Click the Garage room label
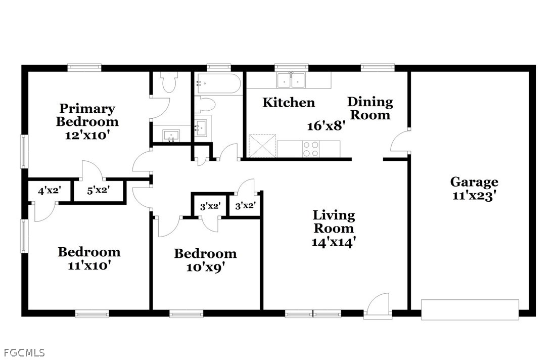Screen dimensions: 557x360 point(474,182)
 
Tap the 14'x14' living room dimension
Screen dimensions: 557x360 point(334,242)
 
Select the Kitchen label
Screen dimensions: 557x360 point(289,102)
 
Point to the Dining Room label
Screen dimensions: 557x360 point(370,108)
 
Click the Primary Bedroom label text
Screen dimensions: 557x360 point(87,115)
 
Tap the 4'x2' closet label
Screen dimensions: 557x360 point(50,191)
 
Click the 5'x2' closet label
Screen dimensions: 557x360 point(99,190)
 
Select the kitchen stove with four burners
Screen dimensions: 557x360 point(311,149)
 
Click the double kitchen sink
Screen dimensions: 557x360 point(291,80)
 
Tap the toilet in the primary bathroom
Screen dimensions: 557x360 point(168,82)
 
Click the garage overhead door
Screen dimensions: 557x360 point(470,310)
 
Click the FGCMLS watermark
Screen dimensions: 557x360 point(23,353)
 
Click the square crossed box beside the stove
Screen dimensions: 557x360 point(262,146)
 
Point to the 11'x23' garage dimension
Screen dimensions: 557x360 point(474,196)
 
